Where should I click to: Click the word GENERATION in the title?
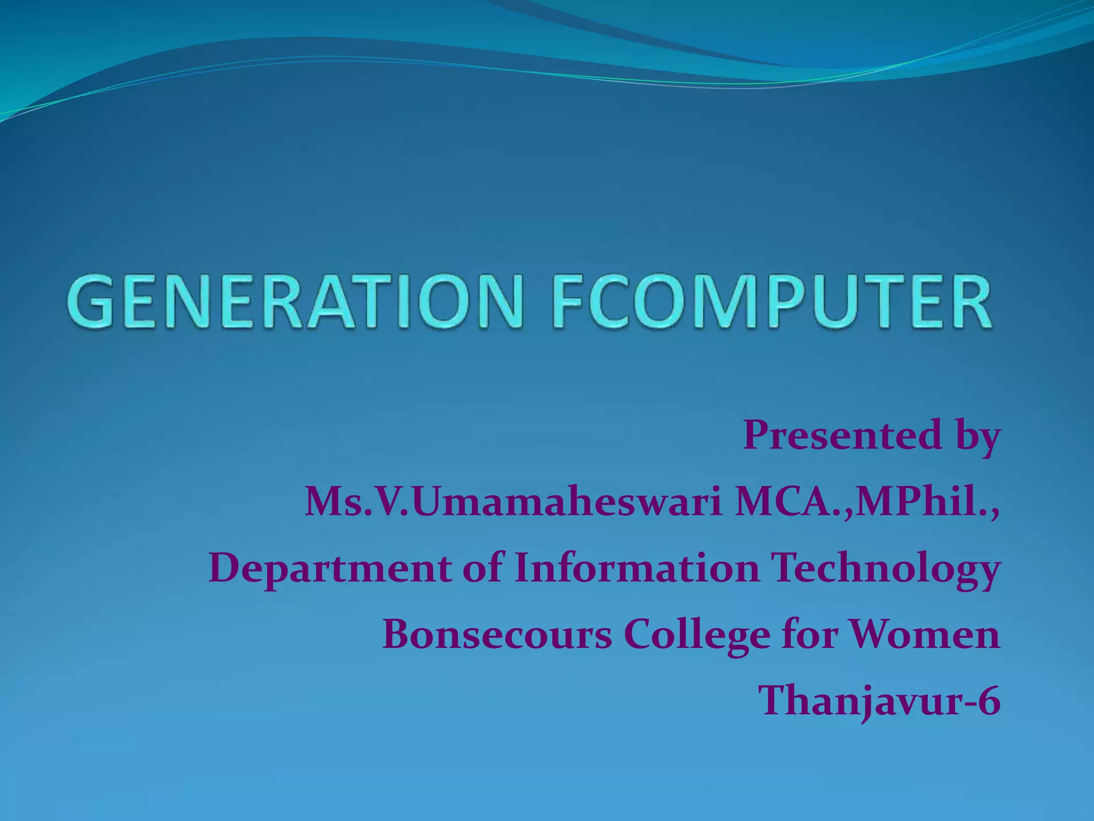click(x=294, y=301)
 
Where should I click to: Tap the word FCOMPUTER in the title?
click(x=771, y=301)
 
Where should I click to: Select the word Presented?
click(x=842, y=435)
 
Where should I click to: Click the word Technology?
click(x=887, y=570)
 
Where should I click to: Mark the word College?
click(x=697, y=636)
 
